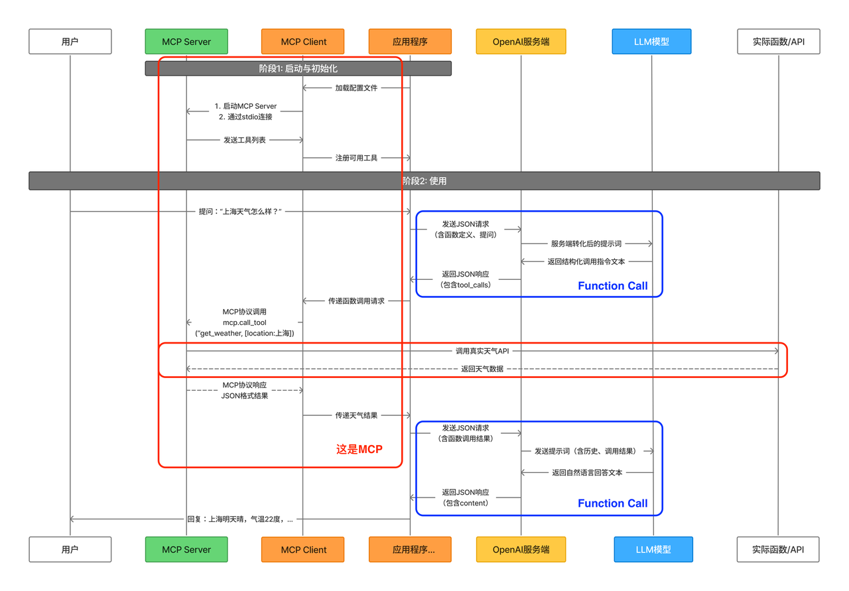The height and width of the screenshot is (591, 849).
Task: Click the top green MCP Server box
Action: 186,41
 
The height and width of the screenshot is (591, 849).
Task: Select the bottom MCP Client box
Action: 303,549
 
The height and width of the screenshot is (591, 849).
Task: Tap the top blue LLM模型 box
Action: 651,41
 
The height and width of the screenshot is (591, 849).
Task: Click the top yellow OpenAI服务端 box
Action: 521,41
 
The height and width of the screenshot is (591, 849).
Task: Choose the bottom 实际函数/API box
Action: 778,549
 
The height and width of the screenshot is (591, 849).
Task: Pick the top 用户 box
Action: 70,41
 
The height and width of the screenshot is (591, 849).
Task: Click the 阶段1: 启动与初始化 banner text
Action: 298,68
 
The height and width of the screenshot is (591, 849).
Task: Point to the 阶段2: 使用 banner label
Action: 424,181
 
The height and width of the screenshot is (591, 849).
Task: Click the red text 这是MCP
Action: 359,449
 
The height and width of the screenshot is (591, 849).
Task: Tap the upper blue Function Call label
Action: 612,286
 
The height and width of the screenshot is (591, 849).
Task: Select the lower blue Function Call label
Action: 612,503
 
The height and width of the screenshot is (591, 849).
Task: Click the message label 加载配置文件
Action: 356,88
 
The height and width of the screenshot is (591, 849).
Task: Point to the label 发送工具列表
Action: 245,140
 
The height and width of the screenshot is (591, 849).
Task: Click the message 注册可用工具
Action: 356,158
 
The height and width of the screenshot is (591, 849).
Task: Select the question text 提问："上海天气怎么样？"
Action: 240,212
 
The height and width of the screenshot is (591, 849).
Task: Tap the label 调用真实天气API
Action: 482,351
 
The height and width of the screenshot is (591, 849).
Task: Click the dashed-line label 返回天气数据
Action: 482,369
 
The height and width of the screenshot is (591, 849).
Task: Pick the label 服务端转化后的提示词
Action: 586,243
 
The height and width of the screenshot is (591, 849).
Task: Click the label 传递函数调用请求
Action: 356,301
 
